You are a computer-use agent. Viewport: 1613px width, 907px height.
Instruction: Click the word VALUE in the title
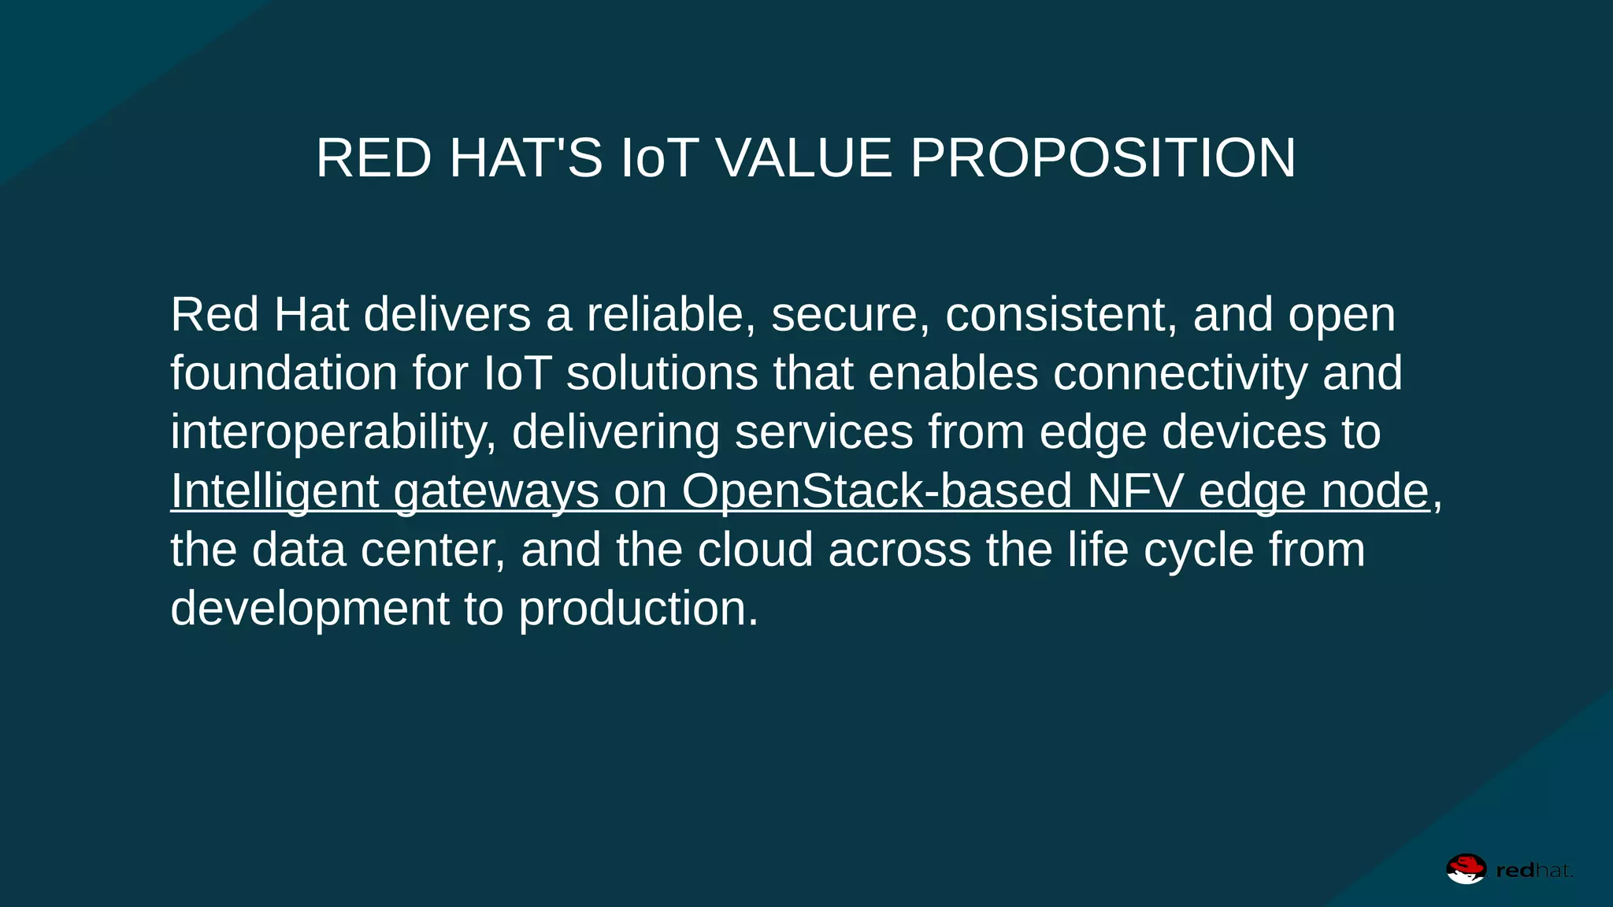point(803,158)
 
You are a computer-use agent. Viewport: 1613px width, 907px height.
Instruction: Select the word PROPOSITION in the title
point(1103,158)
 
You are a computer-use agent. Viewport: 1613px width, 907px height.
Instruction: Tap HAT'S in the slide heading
point(525,158)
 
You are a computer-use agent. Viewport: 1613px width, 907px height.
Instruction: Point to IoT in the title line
point(660,158)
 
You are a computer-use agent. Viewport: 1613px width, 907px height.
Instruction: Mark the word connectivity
point(1180,373)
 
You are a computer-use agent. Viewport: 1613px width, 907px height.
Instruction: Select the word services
point(824,432)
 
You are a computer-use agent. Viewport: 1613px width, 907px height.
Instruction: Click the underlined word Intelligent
point(275,491)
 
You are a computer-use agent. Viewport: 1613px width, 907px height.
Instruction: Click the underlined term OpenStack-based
point(877,491)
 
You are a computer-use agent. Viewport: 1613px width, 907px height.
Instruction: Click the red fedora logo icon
point(1466,869)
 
